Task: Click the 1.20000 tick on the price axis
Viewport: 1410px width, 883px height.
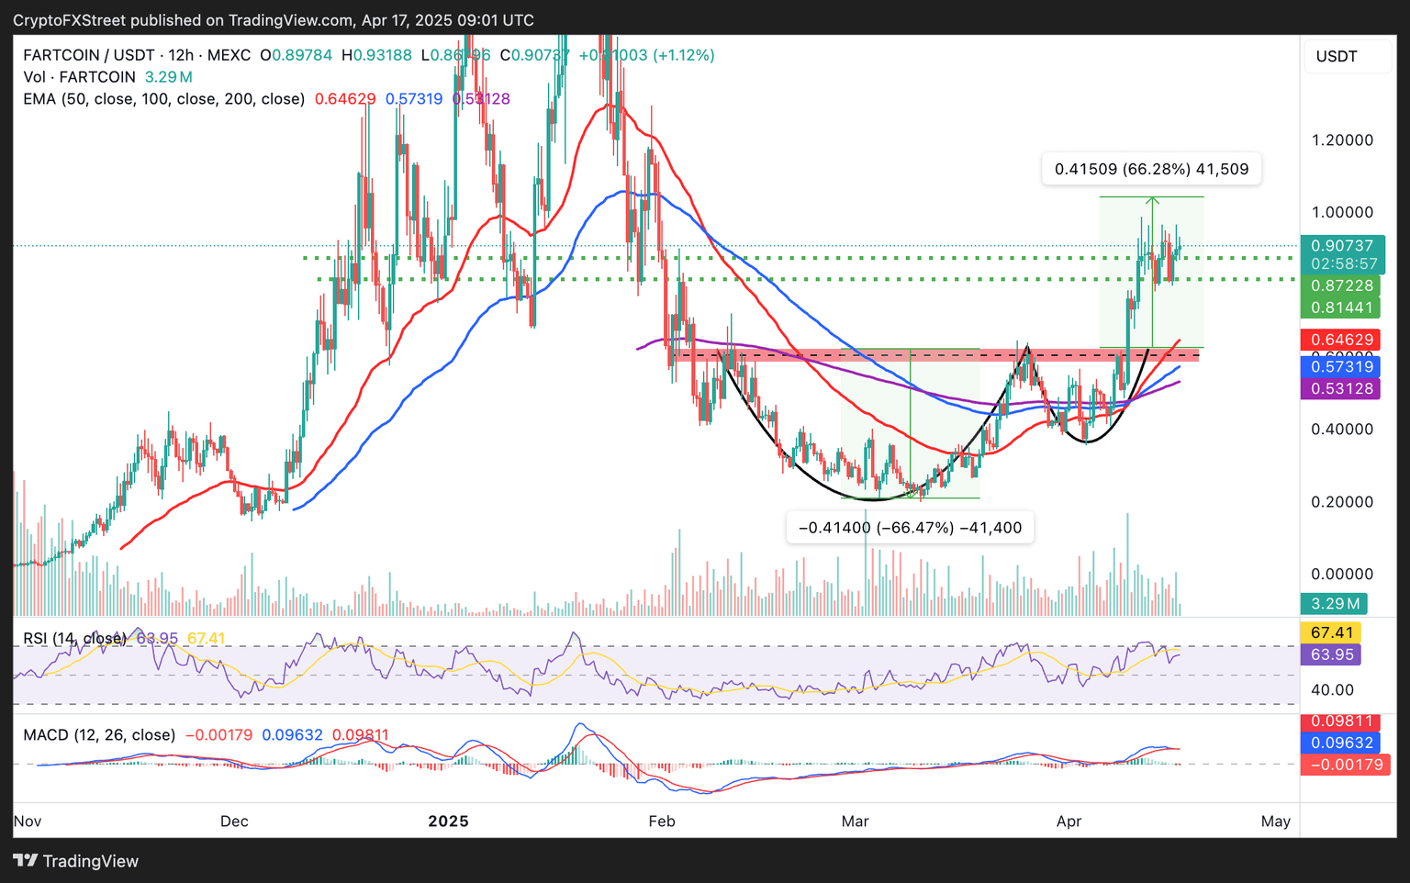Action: [1342, 140]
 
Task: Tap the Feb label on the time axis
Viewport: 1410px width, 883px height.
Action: [661, 821]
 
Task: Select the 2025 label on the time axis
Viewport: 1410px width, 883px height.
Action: [448, 821]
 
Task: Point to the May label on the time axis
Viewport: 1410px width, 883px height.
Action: [1276, 821]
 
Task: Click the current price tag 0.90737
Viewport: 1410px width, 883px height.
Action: [1342, 246]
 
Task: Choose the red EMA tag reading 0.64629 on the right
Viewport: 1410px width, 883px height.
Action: [1342, 340]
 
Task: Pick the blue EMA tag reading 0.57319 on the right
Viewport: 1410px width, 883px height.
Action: [1342, 366]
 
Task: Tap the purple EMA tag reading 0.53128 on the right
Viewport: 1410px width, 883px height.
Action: [1342, 388]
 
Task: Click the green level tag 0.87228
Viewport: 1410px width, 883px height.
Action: [1342, 285]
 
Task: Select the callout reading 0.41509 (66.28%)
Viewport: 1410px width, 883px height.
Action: [1151, 169]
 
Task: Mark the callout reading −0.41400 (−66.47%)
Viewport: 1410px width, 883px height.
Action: [910, 528]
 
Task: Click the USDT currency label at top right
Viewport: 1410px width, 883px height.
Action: [1337, 56]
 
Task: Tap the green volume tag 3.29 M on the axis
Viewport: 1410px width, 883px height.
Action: [1334, 603]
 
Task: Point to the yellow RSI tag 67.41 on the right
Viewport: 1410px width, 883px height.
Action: [1332, 632]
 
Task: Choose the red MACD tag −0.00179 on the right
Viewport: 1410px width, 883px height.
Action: [1346, 765]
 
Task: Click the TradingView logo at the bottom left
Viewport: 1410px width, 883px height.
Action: [76, 861]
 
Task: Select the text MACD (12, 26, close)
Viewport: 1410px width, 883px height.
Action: [99, 735]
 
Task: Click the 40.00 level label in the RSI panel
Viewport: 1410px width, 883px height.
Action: [1331, 689]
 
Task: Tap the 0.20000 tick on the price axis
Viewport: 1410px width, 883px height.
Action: [1342, 502]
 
